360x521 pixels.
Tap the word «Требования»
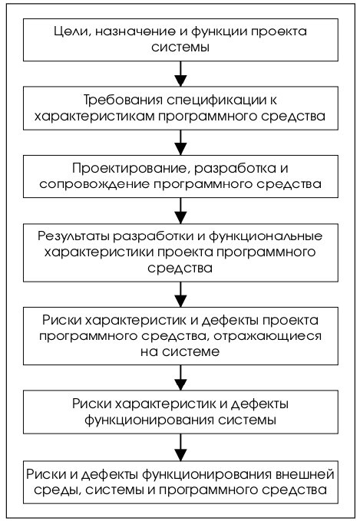click(123, 101)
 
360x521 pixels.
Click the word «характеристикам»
click(94, 117)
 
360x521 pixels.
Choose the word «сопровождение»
click(94, 185)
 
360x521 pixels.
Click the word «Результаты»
click(73, 236)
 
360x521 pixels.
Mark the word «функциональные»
click(266, 236)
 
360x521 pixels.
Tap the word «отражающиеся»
click(267, 336)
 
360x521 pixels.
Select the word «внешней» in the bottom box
click(305, 474)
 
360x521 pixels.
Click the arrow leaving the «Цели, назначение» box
click(180, 74)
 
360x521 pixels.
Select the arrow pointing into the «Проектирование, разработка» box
click(180, 142)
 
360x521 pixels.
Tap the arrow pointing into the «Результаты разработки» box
click(180, 211)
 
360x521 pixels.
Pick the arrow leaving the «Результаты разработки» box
click(180, 295)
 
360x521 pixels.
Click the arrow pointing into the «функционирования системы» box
click(180, 378)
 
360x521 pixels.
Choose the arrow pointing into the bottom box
click(180, 447)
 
